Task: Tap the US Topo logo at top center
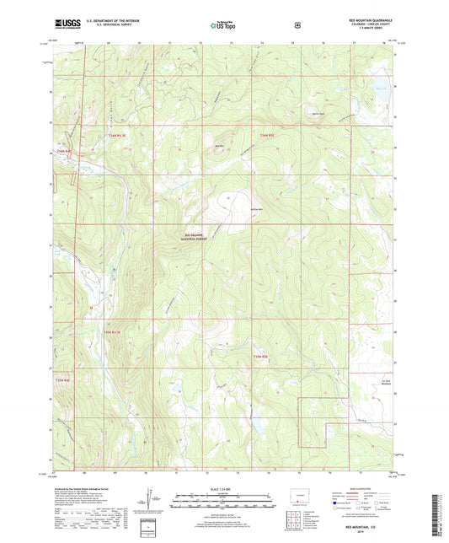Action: [224, 26]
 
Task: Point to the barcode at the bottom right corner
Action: [436, 516]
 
